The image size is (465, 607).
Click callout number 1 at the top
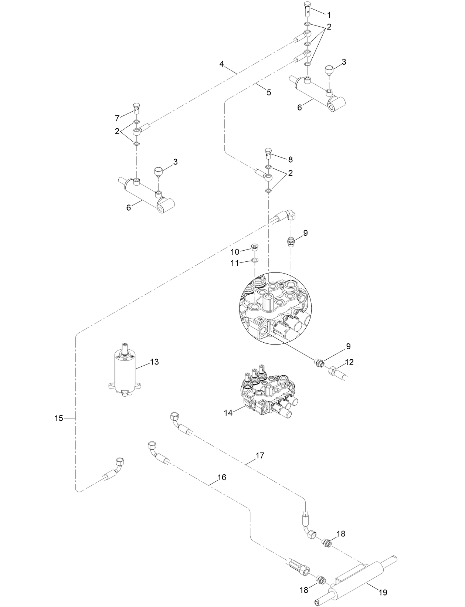[329, 15]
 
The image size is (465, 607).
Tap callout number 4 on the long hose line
[221, 64]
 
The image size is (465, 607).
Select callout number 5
[269, 92]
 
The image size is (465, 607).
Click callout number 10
[235, 252]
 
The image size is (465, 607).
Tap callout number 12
[349, 362]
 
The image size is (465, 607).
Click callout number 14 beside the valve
[228, 413]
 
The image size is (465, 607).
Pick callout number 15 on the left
[59, 418]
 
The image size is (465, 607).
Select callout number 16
[221, 477]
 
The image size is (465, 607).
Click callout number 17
[260, 455]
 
